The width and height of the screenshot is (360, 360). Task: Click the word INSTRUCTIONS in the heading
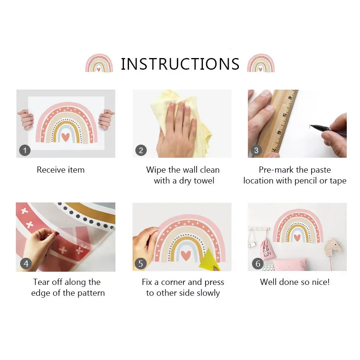[180, 64]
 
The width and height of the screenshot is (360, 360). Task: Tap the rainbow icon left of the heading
[99, 63]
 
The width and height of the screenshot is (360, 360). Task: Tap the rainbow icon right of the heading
[261, 63]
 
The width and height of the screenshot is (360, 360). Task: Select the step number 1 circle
[25, 150]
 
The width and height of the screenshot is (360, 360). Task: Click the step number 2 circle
[141, 150]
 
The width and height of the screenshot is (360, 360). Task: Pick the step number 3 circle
[256, 150]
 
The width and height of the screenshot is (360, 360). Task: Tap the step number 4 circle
[26, 264]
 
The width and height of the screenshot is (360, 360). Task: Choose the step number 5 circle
[141, 264]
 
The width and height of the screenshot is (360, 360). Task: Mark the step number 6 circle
[257, 264]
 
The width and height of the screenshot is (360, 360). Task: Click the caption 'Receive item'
[60, 170]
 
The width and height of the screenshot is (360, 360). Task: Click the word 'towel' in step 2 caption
[204, 181]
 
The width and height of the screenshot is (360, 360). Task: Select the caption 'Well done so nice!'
[295, 282]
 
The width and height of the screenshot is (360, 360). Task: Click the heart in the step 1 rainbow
[65, 137]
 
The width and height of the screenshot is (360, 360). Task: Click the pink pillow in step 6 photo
[290, 265]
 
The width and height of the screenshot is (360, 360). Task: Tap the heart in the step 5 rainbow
[186, 255]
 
